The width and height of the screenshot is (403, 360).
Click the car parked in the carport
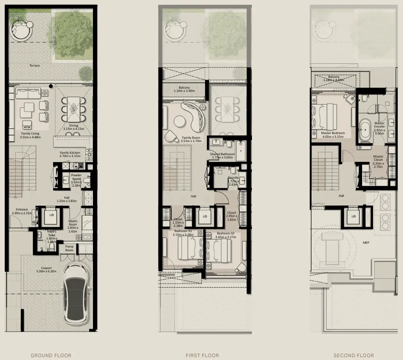click(76, 295)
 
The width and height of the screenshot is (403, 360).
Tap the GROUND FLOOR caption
click(51, 355)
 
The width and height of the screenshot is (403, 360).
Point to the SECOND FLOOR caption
click(354, 355)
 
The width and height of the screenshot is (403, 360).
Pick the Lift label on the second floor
click(354, 216)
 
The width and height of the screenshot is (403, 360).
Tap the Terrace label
click(34, 66)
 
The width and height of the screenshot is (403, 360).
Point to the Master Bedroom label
click(333, 133)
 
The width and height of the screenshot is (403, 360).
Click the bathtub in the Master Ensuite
click(365, 129)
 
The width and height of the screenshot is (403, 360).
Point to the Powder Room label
click(76, 176)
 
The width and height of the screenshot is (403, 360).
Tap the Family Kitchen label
click(69, 153)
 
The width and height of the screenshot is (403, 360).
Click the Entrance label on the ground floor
click(22, 210)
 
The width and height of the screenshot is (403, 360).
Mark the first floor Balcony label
click(184, 87)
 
